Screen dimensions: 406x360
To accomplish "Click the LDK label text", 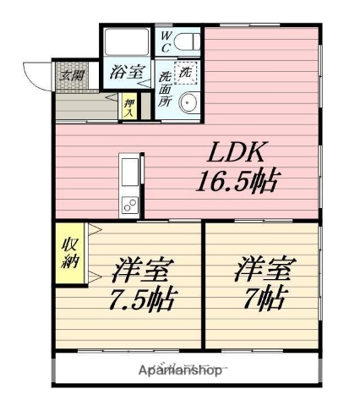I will tap(239, 153).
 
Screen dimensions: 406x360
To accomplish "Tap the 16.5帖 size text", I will tap(239, 179).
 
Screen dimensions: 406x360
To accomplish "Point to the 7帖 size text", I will tap(264, 298).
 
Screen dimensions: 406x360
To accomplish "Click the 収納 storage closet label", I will tap(69, 253).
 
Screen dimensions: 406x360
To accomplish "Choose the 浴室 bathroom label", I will tap(127, 73).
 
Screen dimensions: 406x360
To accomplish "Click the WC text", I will tap(166, 42).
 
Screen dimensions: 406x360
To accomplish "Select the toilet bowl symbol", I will tap(188, 41).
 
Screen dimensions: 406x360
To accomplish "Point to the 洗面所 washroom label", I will tap(165, 87).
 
